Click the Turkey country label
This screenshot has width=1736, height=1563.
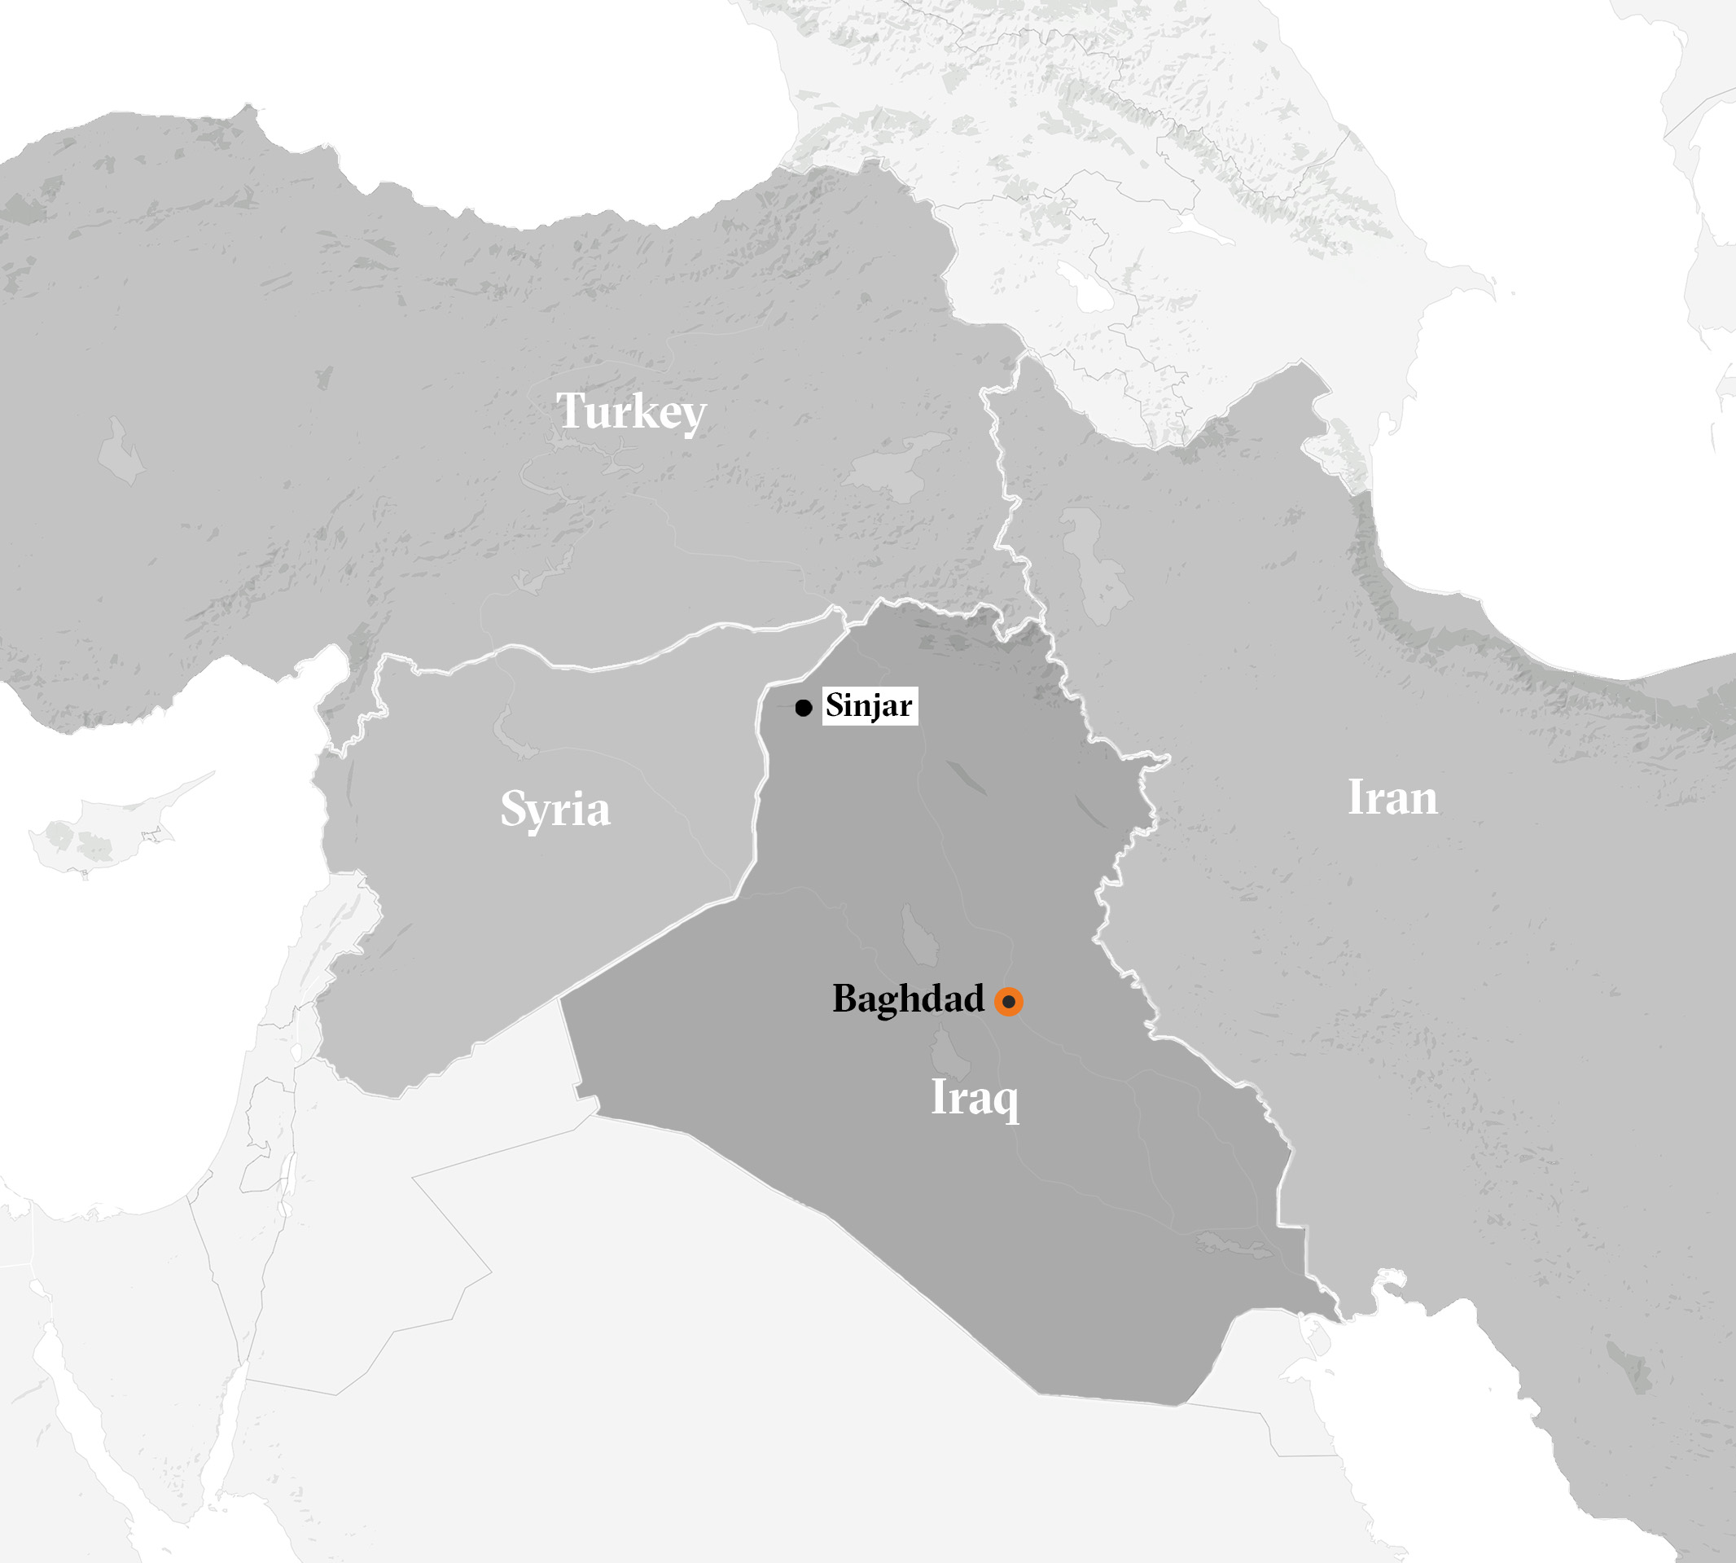coord(631,411)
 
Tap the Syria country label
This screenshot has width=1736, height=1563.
coord(555,809)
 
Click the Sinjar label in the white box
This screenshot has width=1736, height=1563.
coord(869,706)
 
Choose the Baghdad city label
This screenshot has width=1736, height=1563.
coord(908,999)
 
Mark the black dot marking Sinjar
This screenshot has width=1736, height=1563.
coord(803,708)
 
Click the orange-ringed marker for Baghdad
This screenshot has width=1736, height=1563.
coord(1009,1001)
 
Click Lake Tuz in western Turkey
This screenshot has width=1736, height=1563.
coord(121,451)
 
